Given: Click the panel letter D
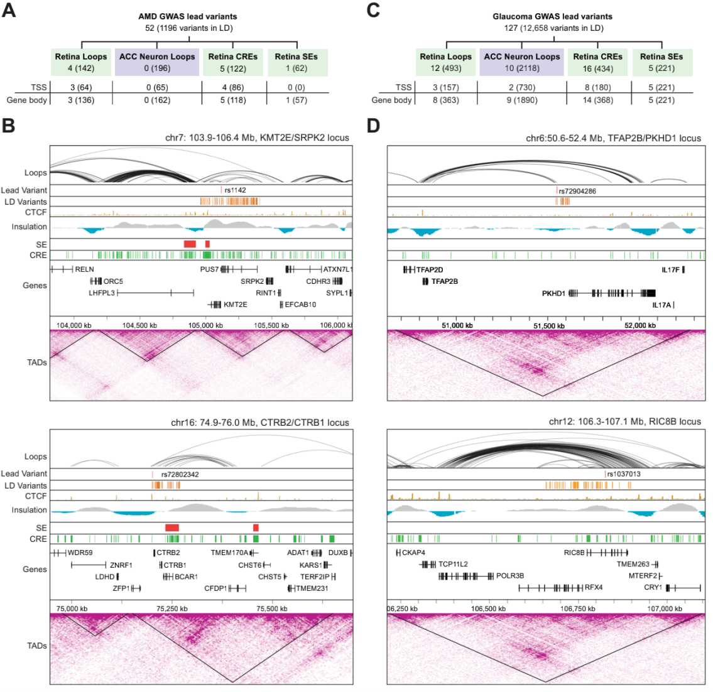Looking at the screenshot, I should pyautogui.click(x=373, y=125).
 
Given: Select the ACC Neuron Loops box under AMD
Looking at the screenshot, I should pyautogui.click(x=157, y=62).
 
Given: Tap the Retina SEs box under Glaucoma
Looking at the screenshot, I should pyautogui.click(x=661, y=62).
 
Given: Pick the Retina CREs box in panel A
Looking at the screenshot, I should pyautogui.click(x=233, y=62).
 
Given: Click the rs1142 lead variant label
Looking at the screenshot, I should pyautogui.click(x=236, y=190).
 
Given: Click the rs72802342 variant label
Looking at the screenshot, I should pyautogui.click(x=180, y=474).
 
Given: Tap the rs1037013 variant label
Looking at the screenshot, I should pyautogui.click(x=624, y=474).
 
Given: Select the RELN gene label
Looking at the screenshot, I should pyautogui.click(x=84, y=269).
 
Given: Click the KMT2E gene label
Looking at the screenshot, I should pyautogui.click(x=236, y=305).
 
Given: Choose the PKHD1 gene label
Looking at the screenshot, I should pyautogui.click(x=553, y=293).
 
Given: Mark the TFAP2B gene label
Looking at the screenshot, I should pyautogui.click(x=444, y=281).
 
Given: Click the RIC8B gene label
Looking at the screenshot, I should pyautogui.click(x=574, y=553).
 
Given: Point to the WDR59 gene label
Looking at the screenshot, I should pyautogui.click(x=80, y=553).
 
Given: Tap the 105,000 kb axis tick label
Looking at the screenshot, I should pyautogui.click(x=206, y=325).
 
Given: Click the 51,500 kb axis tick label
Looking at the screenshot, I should pyautogui.click(x=549, y=325).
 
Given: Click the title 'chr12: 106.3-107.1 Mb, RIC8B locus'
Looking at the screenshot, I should pyautogui.click(x=624, y=421).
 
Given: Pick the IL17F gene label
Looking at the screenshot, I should pyautogui.click(x=670, y=270).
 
